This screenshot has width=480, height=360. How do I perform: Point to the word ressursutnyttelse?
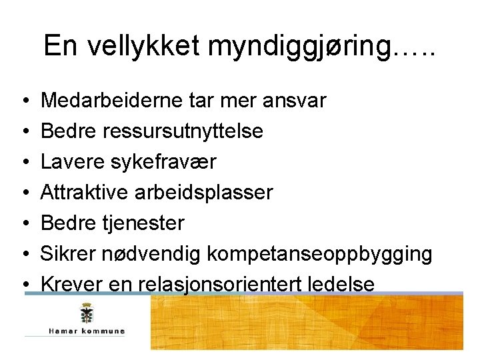(x=183, y=131)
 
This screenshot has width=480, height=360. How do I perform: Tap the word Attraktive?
(x=85, y=193)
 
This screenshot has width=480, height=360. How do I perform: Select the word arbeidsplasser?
(x=203, y=193)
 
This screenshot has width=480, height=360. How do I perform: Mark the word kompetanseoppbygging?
(x=319, y=254)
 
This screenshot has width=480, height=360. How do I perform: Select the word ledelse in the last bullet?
(x=342, y=285)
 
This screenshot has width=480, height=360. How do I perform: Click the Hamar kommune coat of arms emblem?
(x=86, y=313)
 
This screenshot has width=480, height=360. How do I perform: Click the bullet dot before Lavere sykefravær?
(x=24, y=163)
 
